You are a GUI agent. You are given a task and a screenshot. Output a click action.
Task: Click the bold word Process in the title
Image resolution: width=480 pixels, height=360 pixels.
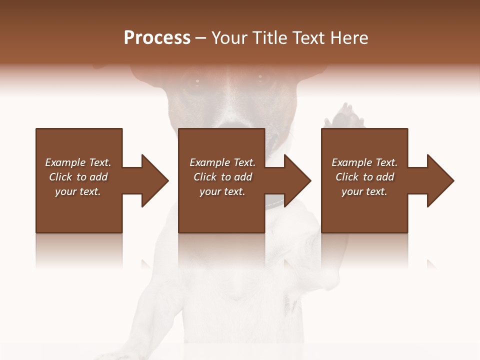click(x=157, y=38)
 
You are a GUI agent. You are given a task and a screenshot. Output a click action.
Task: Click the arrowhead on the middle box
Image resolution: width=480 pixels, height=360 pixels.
click(x=297, y=180)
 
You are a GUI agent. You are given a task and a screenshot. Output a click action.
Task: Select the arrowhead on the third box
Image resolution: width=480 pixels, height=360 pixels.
click(x=440, y=180)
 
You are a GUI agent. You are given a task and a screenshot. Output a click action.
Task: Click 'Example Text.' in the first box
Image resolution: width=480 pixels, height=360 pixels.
click(x=78, y=162)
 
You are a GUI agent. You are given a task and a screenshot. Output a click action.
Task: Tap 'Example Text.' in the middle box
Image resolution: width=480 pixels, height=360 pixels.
click(x=222, y=162)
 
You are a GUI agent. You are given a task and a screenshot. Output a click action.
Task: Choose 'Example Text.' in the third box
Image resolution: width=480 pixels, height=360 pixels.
click(x=364, y=162)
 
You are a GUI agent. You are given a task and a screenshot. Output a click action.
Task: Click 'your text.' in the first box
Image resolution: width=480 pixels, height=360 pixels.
click(x=78, y=191)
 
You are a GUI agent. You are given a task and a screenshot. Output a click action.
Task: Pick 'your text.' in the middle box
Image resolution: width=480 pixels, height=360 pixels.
click(x=222, y=191)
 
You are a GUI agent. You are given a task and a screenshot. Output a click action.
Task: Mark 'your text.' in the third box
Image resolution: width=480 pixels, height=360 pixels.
click(x=364, y=191)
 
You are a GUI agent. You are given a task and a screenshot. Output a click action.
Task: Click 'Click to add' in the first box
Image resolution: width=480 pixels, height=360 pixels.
click(x=78, y=177)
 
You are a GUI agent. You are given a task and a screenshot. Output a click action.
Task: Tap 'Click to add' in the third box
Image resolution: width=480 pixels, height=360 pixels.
click(x=364, y=177)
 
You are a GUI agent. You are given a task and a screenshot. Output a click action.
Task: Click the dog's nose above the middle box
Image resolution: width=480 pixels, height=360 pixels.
click(x=230, y=123)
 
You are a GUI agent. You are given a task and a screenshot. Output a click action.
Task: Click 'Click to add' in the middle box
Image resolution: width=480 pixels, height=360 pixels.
click(x=222, y=177)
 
